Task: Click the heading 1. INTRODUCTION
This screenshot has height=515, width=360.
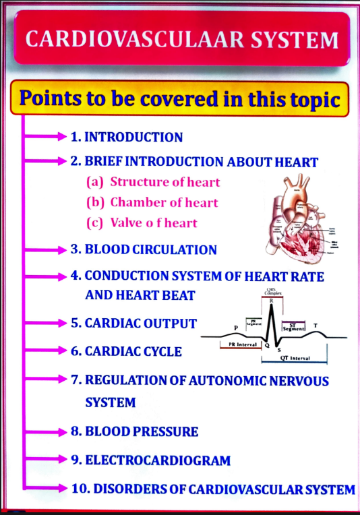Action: pyautogui.click(x=127, y=138)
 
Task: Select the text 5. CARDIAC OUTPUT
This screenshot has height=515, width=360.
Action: pyautogui.click(x=133, y=323)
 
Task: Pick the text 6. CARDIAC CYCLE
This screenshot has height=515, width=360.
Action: pyautogui.click(x=126, y=352)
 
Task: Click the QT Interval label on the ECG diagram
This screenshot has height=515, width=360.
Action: pyautogui.click(x=295, y=358)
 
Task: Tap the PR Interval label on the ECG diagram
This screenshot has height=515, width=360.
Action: pyautogui.click(x=239, y=344)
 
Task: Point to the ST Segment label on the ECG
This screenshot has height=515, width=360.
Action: pyautogui.click(x=294, y=326)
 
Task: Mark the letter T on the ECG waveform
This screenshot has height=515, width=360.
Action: pyautogui.click(x=316, y=326)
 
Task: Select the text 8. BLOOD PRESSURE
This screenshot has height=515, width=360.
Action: pyautogui.click(x=134, y=431)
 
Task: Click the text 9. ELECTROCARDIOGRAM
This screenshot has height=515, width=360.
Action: pyautogui.click(x=150, y=461)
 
